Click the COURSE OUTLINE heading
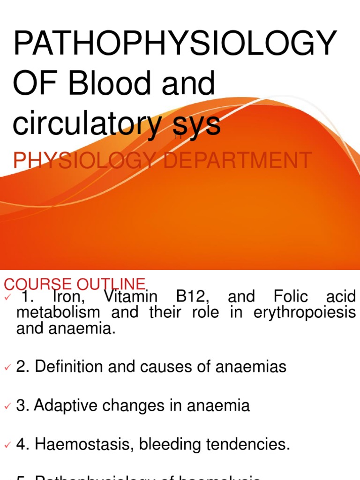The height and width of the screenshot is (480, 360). [75, 284]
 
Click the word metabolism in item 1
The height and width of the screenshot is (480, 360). [58, 312]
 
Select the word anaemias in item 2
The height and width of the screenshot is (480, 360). [251, 367]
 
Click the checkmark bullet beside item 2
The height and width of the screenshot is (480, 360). [7, 367]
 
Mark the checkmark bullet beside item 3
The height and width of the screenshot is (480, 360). [7, 406]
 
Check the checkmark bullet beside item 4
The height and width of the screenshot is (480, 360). [7, 445]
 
